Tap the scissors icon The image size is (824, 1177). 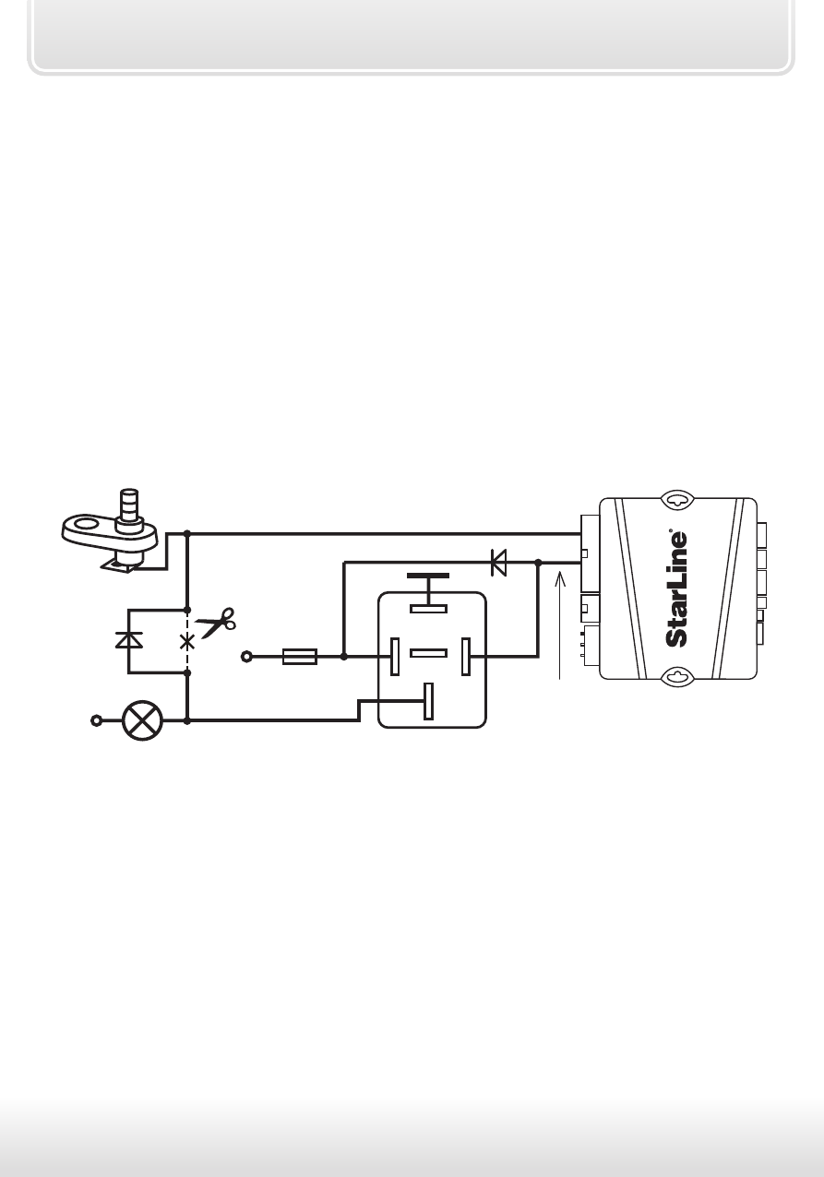coord(216,623)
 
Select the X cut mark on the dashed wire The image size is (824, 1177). coord(187,642)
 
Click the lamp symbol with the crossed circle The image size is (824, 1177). coord(142,720)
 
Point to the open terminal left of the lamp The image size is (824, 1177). coord(96,720)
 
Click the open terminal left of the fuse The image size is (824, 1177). coord(246,656)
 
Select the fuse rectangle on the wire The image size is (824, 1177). coord(300,656)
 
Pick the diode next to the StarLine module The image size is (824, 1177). coord(498,563)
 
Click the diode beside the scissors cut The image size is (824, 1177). coord(129,640)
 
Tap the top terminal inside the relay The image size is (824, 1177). coord(428,609)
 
